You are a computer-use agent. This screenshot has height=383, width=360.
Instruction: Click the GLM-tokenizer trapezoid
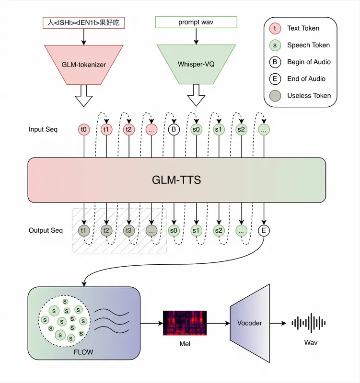click(84, 64)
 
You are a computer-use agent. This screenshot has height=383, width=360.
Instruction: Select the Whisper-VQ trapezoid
click(196, 64)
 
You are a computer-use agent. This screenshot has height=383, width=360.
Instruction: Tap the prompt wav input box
click(196, 22)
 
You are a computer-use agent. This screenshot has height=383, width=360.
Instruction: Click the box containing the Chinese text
click(84, 22)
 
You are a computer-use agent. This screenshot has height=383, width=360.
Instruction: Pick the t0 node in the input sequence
click(84, 129)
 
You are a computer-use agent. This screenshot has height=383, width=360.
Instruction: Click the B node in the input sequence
click(174, 129)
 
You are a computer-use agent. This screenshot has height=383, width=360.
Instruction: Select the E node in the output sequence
click(264, 231)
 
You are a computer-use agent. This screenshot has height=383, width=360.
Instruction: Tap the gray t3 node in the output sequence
click(129, 231)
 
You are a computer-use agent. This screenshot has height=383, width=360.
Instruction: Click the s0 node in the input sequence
click(197, 129)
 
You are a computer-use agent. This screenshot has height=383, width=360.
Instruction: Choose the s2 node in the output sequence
click(219, 231)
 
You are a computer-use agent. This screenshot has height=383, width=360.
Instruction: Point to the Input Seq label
click(43, 130)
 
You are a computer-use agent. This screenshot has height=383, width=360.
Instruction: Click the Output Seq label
click(46, 231)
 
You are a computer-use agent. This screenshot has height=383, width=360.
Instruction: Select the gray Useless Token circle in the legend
click(275, 95)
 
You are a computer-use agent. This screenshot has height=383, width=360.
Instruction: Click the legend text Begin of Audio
click(309, 62)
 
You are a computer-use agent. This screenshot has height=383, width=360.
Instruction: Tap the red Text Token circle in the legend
click(275, 28)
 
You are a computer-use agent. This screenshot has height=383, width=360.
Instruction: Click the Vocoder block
click(250, 323)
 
